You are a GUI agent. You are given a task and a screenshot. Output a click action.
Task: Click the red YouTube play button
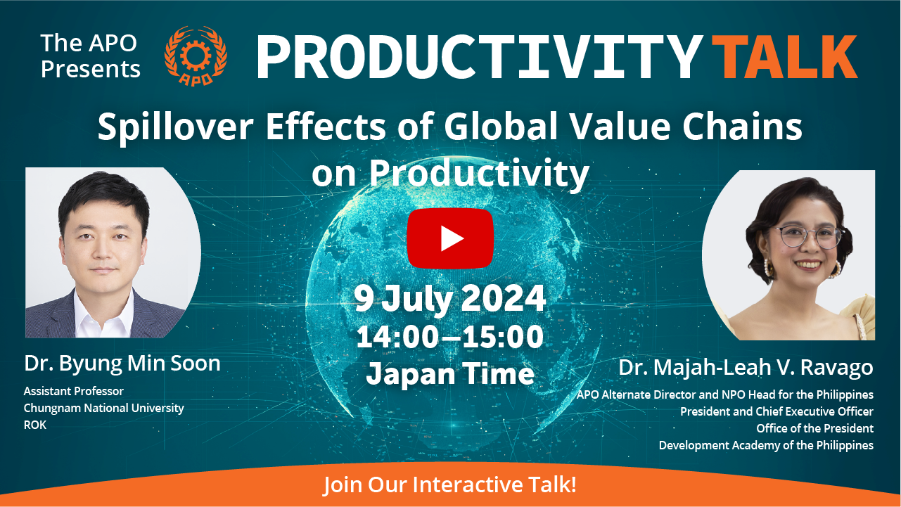450,238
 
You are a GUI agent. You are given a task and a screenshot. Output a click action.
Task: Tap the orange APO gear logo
196,56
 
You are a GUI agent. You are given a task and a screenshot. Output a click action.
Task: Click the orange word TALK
784,57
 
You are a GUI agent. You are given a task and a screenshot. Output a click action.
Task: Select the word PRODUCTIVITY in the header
480,57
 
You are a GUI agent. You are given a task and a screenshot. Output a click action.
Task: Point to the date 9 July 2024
449,298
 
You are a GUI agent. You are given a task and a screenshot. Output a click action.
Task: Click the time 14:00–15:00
449,337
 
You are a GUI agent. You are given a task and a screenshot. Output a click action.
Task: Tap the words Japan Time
450,374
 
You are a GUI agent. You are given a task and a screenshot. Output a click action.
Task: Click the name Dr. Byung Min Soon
122,364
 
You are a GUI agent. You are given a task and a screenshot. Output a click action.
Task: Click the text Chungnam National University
104,408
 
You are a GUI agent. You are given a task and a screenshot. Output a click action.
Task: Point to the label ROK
35,425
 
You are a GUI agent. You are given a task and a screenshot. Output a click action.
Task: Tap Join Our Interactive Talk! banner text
450,484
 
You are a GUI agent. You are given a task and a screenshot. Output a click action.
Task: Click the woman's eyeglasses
807,236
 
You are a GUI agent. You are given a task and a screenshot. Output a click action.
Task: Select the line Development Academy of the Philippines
766,446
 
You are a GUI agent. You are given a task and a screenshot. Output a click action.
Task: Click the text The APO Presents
90,56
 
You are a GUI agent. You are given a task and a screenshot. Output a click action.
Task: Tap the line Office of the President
815,428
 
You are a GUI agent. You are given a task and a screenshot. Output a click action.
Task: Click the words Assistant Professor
74,391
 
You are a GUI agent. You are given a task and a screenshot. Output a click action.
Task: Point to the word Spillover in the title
175,127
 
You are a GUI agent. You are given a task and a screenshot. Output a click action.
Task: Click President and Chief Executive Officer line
777,411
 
